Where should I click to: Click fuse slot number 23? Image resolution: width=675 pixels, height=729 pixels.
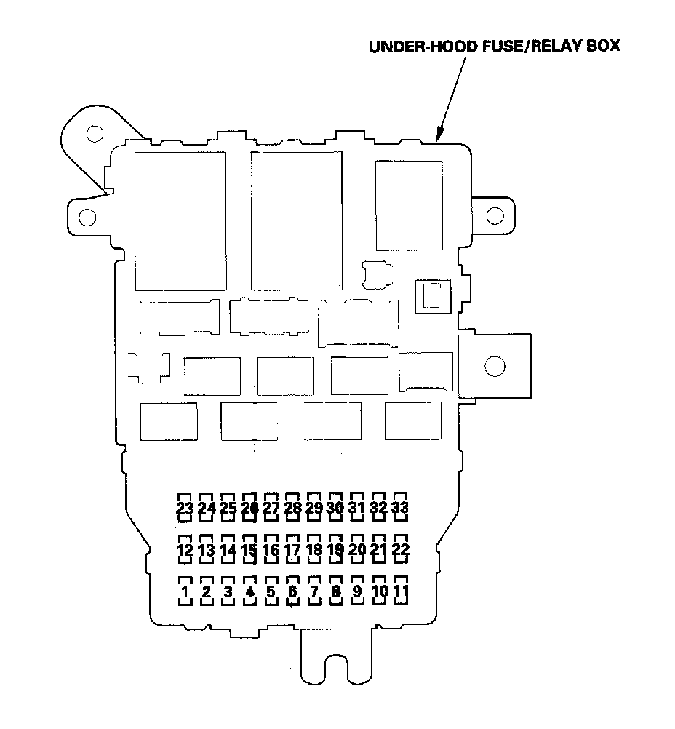tap(185, 508)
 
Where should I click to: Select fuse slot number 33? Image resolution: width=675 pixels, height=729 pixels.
tap(399, 508)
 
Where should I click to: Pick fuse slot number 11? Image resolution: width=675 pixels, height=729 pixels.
tap(399, 592)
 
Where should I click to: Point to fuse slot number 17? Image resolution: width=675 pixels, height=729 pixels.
tap(292, 550)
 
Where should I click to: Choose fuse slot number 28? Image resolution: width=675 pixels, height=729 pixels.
tap(292, 508)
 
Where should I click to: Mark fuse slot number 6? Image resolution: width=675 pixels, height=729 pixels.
tap(292, 592)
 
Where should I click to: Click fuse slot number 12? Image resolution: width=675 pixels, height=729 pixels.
tap(185, 550)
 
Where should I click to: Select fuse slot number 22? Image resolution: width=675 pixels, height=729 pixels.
tap(399, 550)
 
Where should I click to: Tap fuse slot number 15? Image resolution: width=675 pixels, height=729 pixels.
tap(249, 550)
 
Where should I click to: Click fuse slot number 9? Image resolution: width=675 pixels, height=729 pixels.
tap(356, 592)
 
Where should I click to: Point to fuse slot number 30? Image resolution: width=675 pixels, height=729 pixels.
tap(335, 508)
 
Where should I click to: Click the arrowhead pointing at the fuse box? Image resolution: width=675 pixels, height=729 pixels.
tap(439, 135)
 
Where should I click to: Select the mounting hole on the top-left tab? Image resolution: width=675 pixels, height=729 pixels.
tap(93, 133)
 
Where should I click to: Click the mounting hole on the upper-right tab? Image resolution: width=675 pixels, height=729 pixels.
tap(495, 215)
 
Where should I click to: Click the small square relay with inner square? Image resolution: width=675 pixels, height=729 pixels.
tap(432, 296)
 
